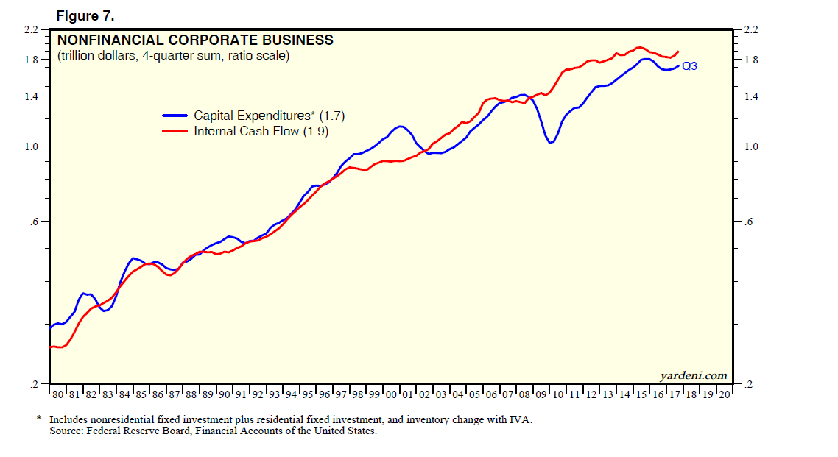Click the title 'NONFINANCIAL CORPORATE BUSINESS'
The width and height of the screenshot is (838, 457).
pos(194,40)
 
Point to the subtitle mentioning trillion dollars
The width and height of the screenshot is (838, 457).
pos(173,56)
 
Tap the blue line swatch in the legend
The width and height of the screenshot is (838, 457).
pos(175,116)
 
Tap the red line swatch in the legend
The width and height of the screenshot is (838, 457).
pos(175,131)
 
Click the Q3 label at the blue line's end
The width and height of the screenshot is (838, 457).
pos(689,66)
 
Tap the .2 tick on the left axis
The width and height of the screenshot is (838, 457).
pos(34,384)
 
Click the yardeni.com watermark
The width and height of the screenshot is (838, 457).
pos(694,375)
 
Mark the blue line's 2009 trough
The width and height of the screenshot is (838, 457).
pos(549,142)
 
